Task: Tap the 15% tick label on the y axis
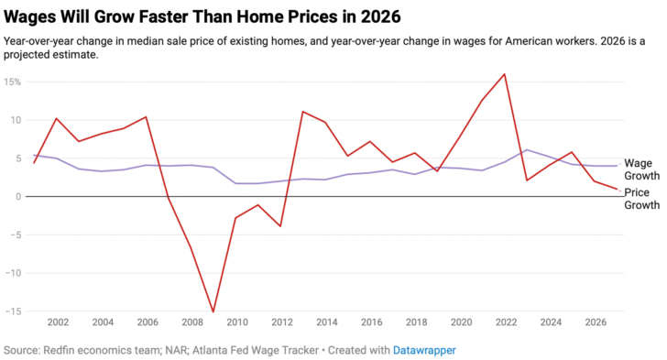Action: click(x=12, y=82)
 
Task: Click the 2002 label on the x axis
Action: click(x=57, y=322)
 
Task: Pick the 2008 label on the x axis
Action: click(x=191, y=322)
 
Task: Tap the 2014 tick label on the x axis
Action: click(x=326, y=322)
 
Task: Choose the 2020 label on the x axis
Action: click(x=461, y=322)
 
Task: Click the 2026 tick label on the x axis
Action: click(x=596, y=322)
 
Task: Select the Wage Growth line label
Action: click(x=641, y=169)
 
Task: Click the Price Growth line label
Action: click(x=641, y=200)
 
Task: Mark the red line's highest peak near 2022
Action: click(x=504, y=74)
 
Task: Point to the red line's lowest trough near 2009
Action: click(x=213, y=312)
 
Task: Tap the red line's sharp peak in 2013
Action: click(x=302, y=112)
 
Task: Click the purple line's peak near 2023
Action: click(x=527, y=149)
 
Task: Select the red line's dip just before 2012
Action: click(x=280, y=226)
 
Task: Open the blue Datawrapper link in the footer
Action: click(x=424, y=350)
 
